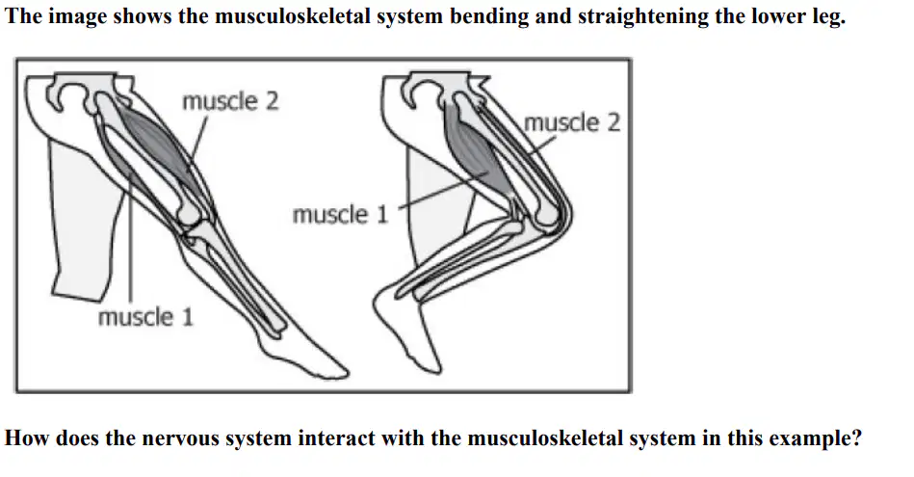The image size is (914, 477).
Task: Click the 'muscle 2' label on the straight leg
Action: (x=230, y=101)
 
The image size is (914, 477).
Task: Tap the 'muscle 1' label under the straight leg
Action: (x=145, y=318)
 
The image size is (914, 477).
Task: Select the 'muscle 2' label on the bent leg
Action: (x=572, y=123)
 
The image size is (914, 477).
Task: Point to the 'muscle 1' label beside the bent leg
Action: (x=340, y=215)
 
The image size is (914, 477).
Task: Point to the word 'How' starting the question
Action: (x=27, y=437)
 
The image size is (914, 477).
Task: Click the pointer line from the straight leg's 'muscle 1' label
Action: (x=131, y=238)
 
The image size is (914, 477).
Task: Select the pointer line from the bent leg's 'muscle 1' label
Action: (x=444, y=190)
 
